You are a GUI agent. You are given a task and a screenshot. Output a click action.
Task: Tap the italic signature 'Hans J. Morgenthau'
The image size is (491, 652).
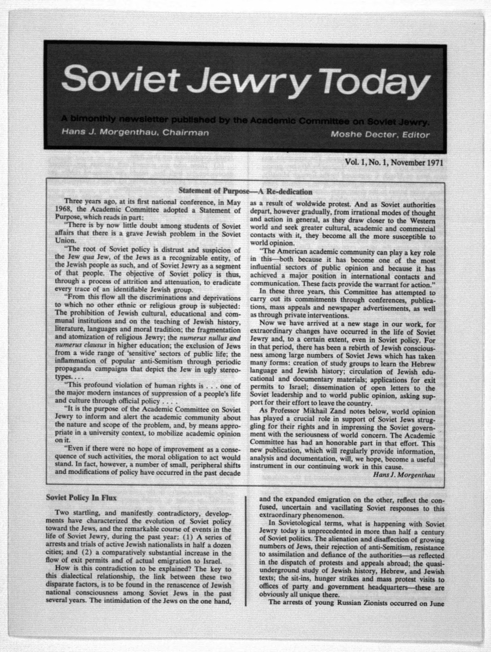coord(404,475)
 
